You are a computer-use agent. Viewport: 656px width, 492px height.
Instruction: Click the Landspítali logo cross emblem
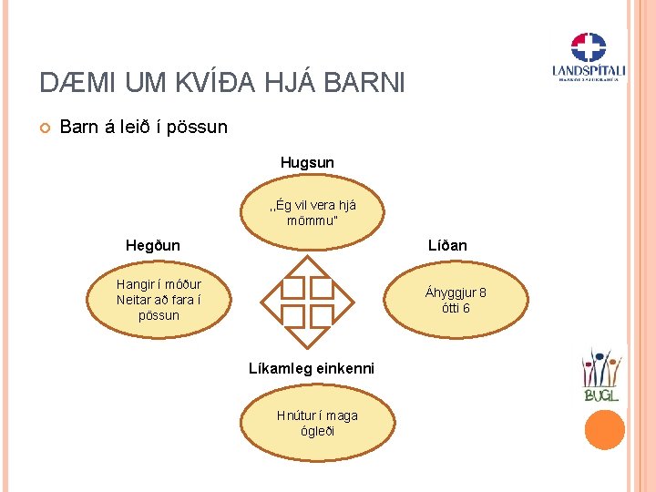coord(588,47)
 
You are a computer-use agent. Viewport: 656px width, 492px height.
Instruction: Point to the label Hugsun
coord(307,162)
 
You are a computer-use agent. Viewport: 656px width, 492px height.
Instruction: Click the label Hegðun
coord(152,245)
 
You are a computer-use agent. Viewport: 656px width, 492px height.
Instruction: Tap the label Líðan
coord(447,245)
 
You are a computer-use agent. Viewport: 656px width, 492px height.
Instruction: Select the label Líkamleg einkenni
coord(311,368)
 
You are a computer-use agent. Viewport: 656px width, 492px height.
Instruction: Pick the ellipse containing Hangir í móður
coord(159,300)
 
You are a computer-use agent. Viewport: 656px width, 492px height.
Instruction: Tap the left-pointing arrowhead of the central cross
coord(271,301)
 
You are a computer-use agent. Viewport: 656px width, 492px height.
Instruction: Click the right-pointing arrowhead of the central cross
coord(344,301)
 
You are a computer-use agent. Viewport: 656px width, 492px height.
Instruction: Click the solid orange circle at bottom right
coord(605,429)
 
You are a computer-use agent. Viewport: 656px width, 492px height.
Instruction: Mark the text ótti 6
coord(456,308)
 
